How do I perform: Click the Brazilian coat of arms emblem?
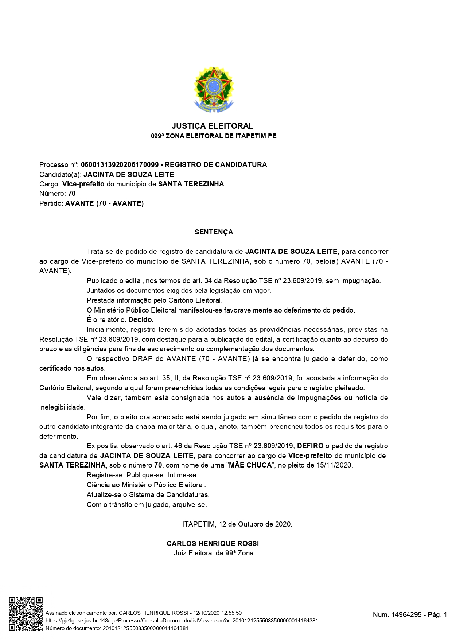(x=214, y=89)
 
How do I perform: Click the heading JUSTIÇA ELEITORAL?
(x=213, y=126)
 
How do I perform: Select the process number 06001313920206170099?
(x=120, y=165)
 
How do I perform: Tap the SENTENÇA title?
(x=214, y=232)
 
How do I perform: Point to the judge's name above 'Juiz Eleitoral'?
(x=213, y=543)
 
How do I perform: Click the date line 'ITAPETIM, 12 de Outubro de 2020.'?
(x=237, y=524)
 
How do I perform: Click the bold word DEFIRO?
(x=310, y=446)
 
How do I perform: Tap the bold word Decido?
(x=140, y=320)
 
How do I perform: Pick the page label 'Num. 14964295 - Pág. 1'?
(x=410, y=615)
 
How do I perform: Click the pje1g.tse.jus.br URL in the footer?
(x=182, y=621)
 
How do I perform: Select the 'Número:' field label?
(x=52, y=194)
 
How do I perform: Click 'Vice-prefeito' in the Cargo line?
(x=83, y=184)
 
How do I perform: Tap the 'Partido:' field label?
(x=51, y=203)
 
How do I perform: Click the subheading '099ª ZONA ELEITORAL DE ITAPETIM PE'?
(x=214, y=136)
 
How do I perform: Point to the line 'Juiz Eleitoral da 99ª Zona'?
(x=214, y=553)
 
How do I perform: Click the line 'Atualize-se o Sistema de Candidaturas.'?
(x=148, y=495)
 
